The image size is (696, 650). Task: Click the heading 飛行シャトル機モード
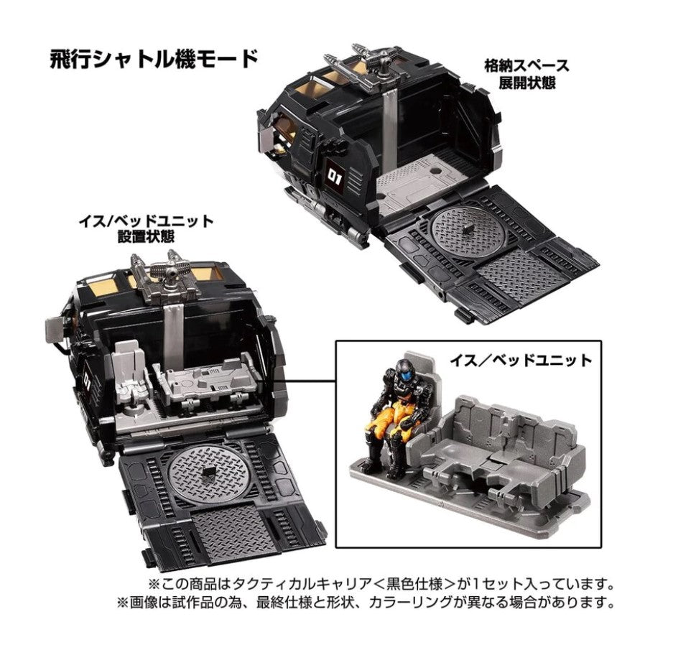pyautogui.click(x=154, y=60)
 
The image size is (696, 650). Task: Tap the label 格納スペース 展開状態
pyautogui.click(x=527, y=74)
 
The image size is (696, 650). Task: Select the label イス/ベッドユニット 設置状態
pyautogui.click(x=146, y=228)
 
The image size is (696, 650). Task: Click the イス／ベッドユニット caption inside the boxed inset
pyautogui.click(x=521, y=360)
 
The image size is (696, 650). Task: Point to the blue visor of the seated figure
pyautogui.click(x=403, y=372)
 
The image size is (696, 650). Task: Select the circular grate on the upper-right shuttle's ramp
pyautogui.click(x=465, y=231)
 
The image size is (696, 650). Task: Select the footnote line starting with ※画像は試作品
pyautogui.click(x=366, y=602)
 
